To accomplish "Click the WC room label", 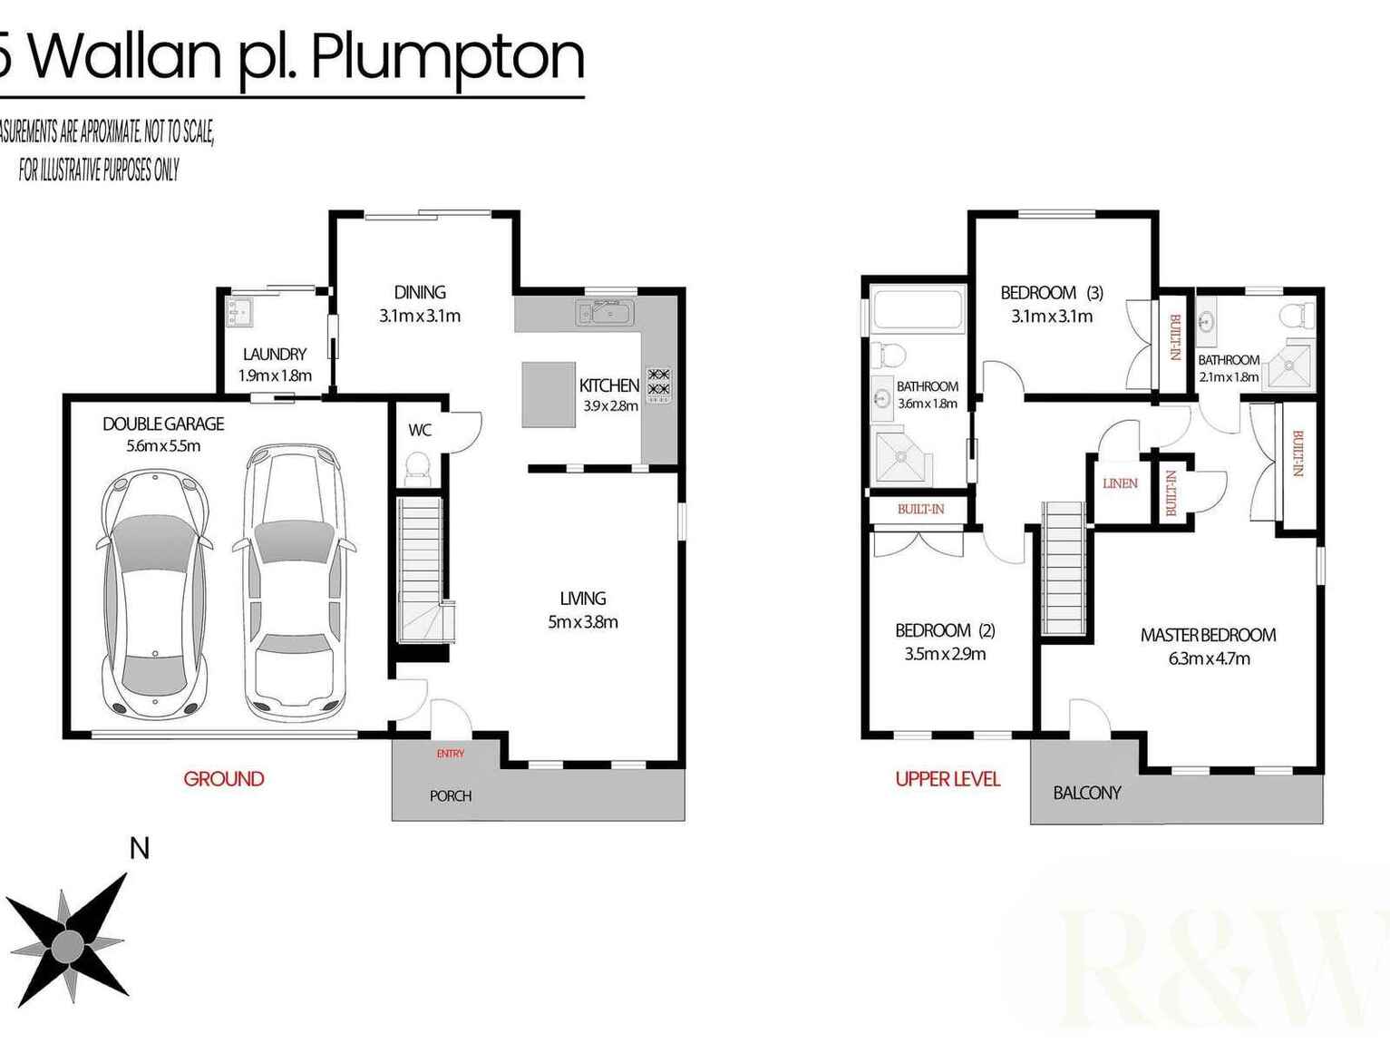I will click(420, 430).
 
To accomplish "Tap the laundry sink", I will click(239, 313).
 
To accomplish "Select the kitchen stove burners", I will click(658, 382).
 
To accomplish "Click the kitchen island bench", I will click(548, 395).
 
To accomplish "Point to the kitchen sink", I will click(605, 314).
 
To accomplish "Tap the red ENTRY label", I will click(450, 754).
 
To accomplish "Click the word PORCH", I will click(451, 795).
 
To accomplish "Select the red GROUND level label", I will click(224, 778).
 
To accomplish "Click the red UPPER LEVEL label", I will click(948, 778).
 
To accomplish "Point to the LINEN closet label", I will click(1120, 483).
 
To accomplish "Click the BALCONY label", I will click(1087, 793).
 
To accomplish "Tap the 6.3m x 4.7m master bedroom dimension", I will click(1209, 658).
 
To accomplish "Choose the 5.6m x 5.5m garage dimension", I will click(163, 445).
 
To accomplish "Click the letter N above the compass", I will click(139, 849).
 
